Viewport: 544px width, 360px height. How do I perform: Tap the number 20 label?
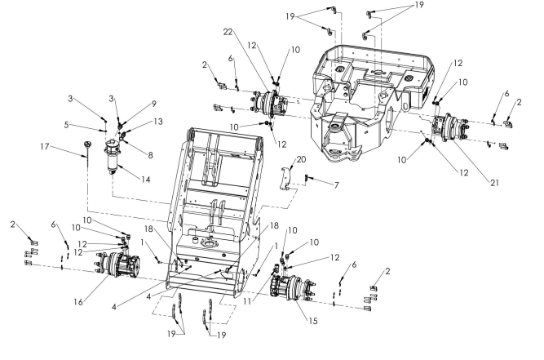tap(300, 159)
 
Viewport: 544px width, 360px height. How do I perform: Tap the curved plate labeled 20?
tap(284, 179)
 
